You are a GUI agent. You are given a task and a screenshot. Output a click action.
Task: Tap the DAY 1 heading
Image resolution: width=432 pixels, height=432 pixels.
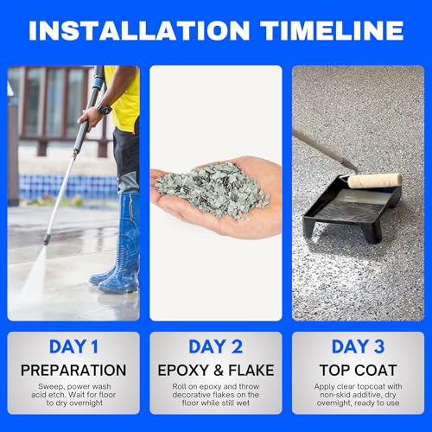(73, 346)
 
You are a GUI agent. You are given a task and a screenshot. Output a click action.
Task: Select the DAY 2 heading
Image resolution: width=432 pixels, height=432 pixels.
(216, 346)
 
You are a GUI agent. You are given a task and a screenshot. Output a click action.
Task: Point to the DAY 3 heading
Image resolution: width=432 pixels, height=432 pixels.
(358, 346)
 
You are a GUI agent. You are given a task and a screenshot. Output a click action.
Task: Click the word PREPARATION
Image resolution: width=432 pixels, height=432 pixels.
(73, 370)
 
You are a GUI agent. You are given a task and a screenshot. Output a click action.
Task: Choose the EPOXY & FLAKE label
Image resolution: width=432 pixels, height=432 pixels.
(216, 370)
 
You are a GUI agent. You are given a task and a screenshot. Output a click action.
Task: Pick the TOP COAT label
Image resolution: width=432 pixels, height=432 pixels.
(358, 370)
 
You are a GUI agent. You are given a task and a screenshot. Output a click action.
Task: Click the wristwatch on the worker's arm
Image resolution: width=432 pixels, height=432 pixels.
(104, 109)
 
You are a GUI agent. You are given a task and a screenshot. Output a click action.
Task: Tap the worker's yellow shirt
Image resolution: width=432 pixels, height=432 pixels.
(126, 99)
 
